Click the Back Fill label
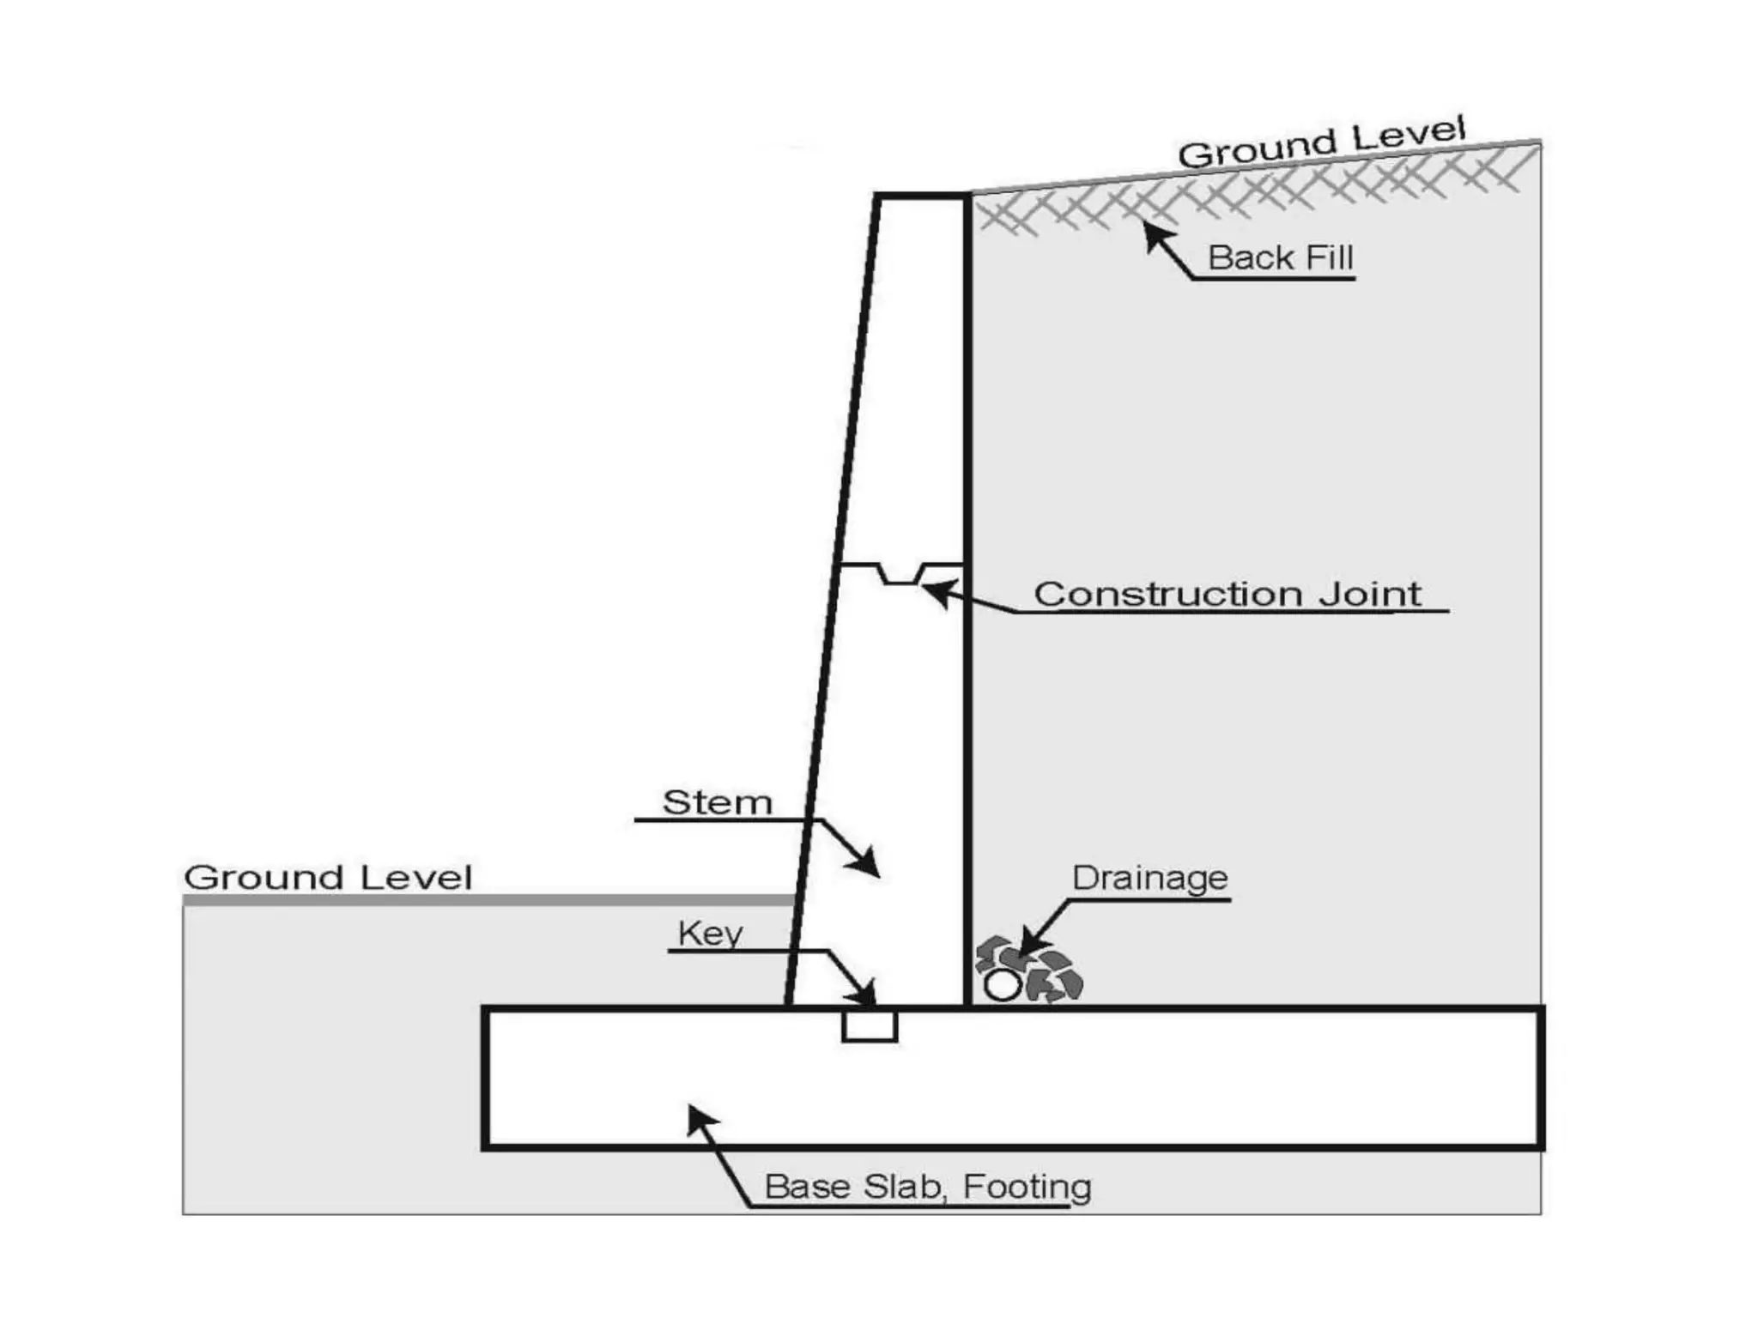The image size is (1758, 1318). pyautogui.click(x=1280, y=257)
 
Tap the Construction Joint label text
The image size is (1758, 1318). pyautogui.click(x=1227, y=594)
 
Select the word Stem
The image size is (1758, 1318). pyautogui.click(x=718, y=803)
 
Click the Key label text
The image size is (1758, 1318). pyautogui.click(x=710, y=933)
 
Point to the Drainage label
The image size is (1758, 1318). pyautogui.click(x=1149, y=878)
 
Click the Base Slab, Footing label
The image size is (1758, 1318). pyautogui.click(x=927, y=1187)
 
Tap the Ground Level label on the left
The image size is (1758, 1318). pyautogui.click(x=328, y=878)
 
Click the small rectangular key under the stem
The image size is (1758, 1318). pyautogui.click(x=870, y=1026)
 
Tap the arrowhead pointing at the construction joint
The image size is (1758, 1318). pyautogui.click(x=934, y=591)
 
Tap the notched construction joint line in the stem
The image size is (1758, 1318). pyautogui.click(x=900, y=573)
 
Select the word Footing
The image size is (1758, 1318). pyautogui.click(x=1027, y=1187)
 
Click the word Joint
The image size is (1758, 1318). pyautogui.click(x=1369, y=594)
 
